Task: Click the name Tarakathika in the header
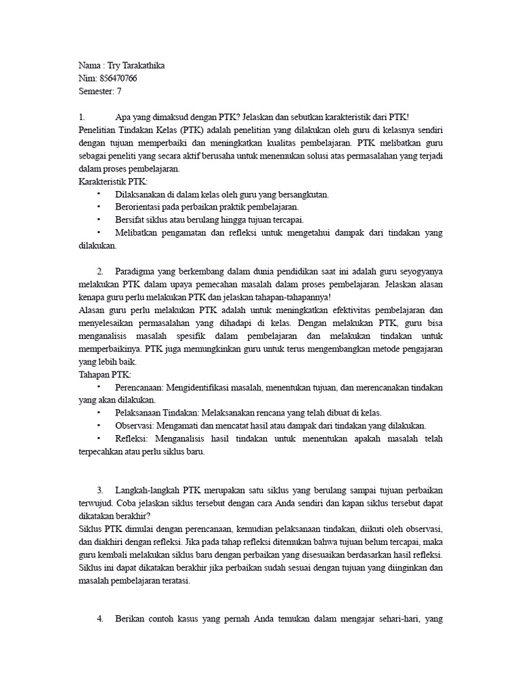coord(141,66)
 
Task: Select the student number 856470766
coord(121,79)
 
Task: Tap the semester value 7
coord(119,91)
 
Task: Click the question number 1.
coord(82,117)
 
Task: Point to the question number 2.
coord(100,271)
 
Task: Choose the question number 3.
coord(100,489)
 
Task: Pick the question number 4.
coord(100,618)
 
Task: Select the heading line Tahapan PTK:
coord(105,375)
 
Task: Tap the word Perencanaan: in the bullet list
coord(139,388)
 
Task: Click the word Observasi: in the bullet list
coord(135,426)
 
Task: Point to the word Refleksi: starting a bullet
coord(132,438)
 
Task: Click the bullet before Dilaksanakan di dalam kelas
coord(99,195)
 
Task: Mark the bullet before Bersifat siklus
coord(99,220)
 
